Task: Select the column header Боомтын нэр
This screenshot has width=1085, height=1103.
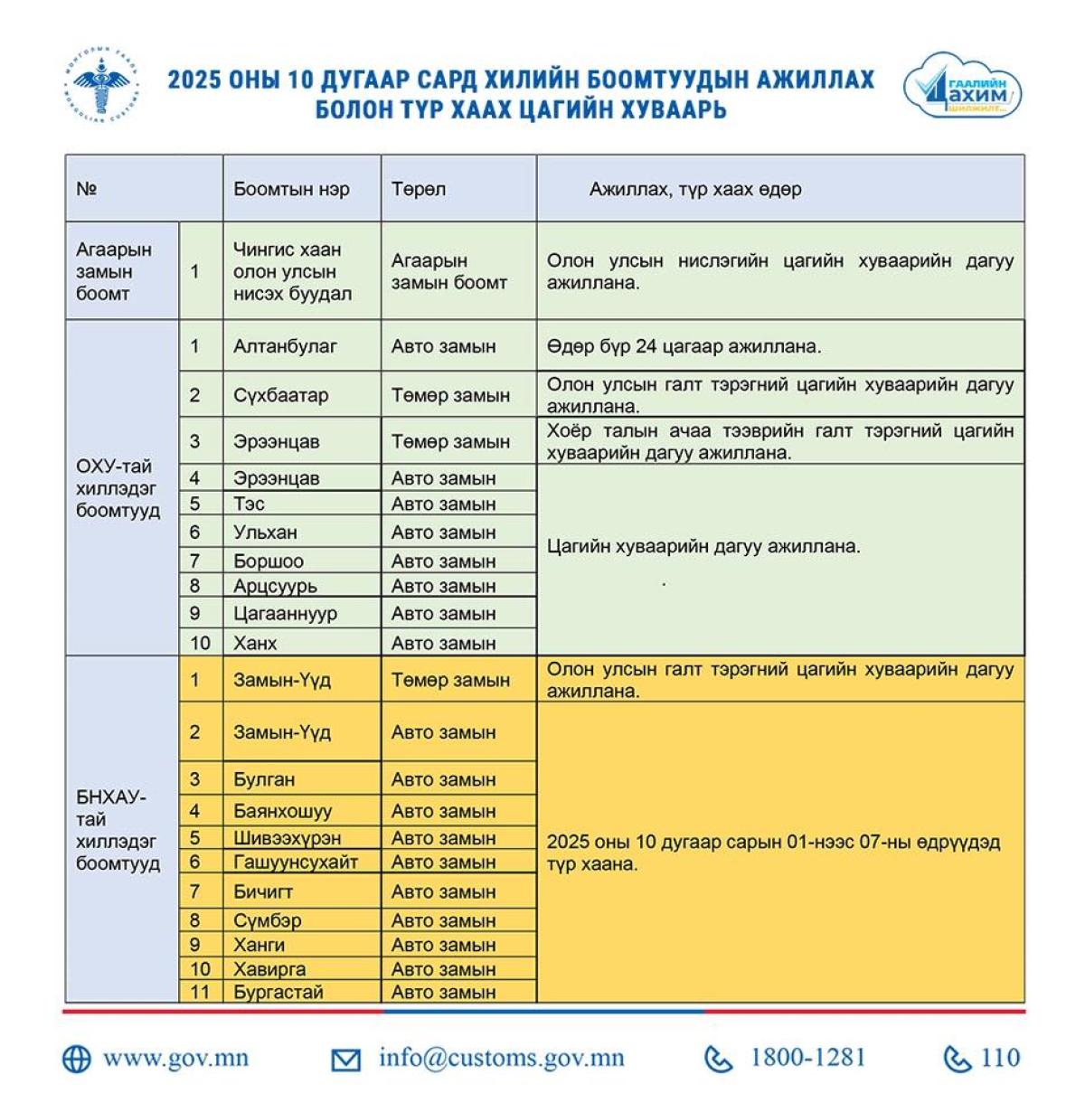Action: coord(291,189)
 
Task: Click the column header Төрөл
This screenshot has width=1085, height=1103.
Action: coord(419,189)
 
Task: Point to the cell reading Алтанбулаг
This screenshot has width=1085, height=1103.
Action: coord(285,345)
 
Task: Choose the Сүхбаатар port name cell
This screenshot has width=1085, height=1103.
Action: coord(281,395)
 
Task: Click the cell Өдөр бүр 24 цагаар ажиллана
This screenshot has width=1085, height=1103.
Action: coord(684,345)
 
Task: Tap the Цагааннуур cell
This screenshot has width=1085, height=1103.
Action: coord(285,613)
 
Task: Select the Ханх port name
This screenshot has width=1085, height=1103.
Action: coord(255,643)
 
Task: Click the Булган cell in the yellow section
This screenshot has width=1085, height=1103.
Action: coord(264,778)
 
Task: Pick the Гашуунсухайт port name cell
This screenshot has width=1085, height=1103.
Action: coord(296,862)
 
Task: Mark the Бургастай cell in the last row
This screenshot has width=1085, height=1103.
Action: coord(278,992)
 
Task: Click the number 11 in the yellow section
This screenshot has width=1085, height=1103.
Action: coord(200,992)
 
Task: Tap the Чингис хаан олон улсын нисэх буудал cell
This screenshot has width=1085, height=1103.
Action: coord(292,270)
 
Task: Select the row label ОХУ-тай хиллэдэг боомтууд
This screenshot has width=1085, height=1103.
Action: coord(118,488)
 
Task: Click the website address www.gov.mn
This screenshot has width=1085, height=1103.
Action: coord(175,1058)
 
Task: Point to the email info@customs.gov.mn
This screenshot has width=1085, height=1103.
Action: coord(501,1058)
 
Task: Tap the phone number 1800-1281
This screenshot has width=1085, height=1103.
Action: coord(807,1058)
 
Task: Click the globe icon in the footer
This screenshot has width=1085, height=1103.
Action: coord(77,1059)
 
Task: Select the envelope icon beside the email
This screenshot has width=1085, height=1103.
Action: coord(345,1060)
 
